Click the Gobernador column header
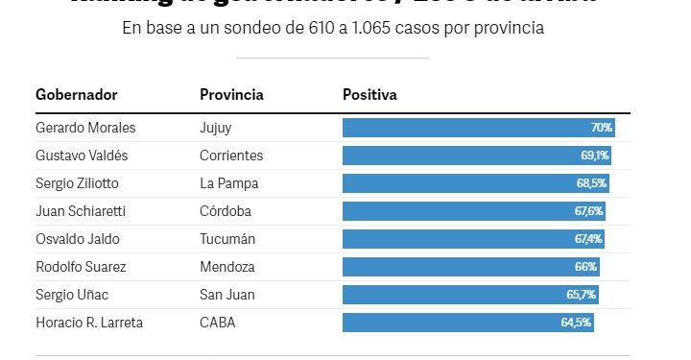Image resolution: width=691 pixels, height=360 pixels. tap(76, 95)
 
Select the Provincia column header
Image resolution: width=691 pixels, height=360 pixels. tap(231, 95)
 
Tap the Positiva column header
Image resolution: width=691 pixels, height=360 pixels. tap(369, 95)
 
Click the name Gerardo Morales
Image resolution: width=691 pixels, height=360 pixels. tap(85, 128)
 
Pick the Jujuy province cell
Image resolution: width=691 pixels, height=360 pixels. tap(216, 128)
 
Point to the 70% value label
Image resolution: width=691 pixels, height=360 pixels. tap(602, 128)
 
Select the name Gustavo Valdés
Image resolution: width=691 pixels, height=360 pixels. tap(82, 156)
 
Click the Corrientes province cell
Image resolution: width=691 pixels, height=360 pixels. tap(231, 156)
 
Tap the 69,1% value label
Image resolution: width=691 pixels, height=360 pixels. tap(596, 156)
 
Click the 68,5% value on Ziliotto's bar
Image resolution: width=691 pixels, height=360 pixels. tap(592, 183)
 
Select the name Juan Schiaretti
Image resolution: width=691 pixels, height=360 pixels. tap(81, 211)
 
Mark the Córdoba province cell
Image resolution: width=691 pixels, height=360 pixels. tap(227, 211)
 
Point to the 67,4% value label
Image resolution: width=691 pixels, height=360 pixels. tap(587, 239)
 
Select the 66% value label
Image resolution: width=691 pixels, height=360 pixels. tap(585, 267)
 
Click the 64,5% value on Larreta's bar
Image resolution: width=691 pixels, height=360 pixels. tap(576, 323)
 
